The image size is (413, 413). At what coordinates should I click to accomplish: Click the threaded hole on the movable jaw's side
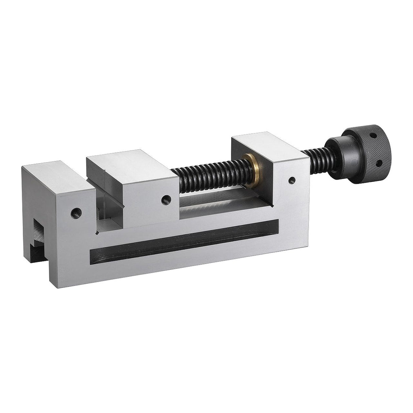165,198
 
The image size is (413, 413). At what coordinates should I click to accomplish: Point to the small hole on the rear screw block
291,181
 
